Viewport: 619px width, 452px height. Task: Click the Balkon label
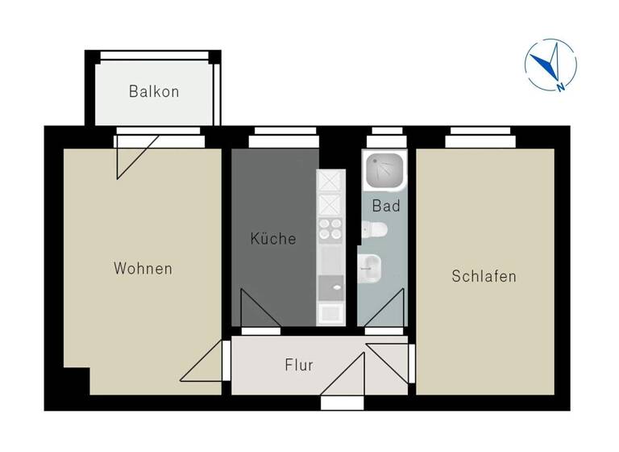pyautogui.click(x=154, y=91)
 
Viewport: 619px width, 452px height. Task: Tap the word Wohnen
pyautogui.click(x=143, y=268)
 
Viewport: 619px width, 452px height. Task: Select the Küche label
pyautogui.click(x=272, y=239)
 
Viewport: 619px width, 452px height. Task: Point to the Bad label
pyautogui.click(x=386, y=206)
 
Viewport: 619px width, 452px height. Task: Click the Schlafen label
pyautogui.click(x=484, y=276)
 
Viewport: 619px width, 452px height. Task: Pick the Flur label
pyautogui.click(x=299, y=365)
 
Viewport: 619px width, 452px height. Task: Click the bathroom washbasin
pyautogui.click(x=369, y=267)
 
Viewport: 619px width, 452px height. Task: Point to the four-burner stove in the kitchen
pyautogui.click(x=330, y=229)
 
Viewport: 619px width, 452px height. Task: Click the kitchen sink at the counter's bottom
pyautogui.click(x=330, y=311)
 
